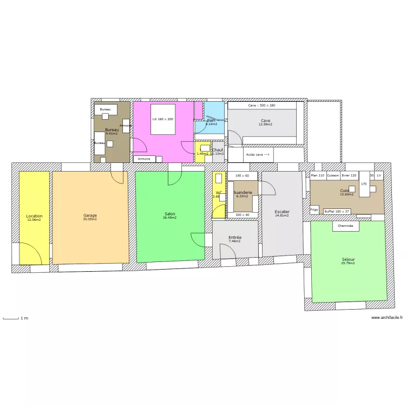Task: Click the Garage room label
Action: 90,215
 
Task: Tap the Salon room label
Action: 169,214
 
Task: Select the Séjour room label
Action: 348,259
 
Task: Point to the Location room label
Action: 34,216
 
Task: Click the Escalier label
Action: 281,212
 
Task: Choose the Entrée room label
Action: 235,238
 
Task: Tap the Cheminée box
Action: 346,226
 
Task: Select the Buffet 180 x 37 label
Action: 337,211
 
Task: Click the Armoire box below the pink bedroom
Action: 144,159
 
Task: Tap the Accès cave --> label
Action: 258,154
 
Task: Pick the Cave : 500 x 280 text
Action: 261,106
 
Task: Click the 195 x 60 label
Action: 242,175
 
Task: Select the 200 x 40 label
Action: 243,215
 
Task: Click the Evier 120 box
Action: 349,175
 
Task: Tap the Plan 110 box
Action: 318,175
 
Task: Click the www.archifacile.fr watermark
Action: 387,318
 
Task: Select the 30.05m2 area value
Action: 90,219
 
